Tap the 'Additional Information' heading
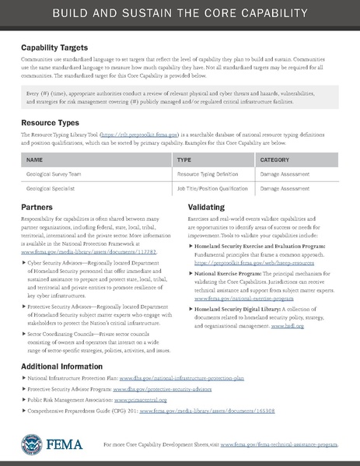pyautogui.click(x=65, y=366)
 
